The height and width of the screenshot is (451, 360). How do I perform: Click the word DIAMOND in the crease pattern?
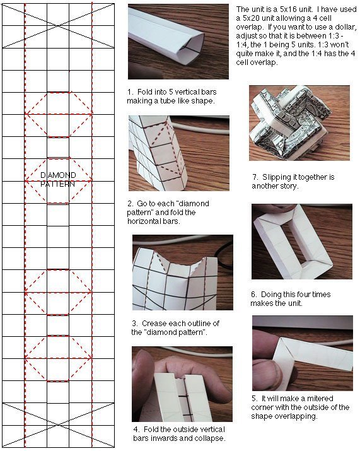(58, 175)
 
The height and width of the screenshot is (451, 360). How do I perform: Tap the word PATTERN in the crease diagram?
(57, 184)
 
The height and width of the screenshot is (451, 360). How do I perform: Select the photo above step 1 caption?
(178, 42)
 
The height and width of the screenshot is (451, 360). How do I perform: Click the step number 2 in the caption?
(130, 204)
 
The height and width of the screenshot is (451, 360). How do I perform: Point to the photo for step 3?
(183, 272)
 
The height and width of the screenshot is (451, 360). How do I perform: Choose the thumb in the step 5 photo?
(276, 374)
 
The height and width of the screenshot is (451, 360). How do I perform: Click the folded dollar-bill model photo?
(299, 123)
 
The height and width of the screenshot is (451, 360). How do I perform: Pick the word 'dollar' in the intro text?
(346, 27)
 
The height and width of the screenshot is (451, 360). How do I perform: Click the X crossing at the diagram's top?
(58, 26)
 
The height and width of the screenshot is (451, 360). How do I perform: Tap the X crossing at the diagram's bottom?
(58, 425)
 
